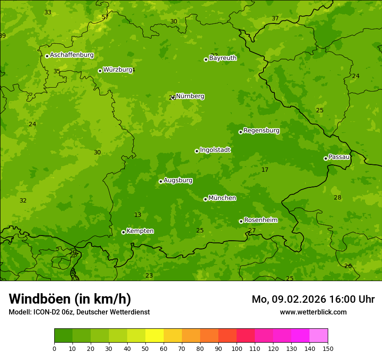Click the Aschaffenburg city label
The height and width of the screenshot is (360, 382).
click(72, 55)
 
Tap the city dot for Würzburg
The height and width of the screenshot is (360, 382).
click(100, 71)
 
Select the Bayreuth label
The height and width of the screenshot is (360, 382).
click(223, 58)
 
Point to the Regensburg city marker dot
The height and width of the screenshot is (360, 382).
click(240, 132)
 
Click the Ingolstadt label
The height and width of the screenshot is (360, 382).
click(215, 150)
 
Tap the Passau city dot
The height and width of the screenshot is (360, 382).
click(326, 158)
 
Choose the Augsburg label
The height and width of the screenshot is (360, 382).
click(178, 180)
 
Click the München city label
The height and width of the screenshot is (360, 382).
click(222, 198)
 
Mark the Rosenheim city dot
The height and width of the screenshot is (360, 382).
click(241, 221)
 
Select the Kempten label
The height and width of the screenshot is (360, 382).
click(140, 231)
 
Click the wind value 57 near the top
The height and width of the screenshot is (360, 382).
click(105, 17)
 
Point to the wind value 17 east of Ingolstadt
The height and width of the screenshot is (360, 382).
click(265, 170)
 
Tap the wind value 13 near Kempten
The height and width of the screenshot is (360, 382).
click(138, 215)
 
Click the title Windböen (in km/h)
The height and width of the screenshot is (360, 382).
click(70, 299)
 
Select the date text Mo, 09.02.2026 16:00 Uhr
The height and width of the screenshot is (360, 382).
click(313, 299)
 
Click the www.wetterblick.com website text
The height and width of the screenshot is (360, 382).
click(313, 312)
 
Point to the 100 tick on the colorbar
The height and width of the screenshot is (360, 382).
click(237, 348)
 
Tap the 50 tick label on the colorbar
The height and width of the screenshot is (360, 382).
click(145, 348)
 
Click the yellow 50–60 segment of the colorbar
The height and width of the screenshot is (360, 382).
click(155, 336)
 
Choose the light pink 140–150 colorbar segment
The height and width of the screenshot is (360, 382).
click(319, 336)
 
